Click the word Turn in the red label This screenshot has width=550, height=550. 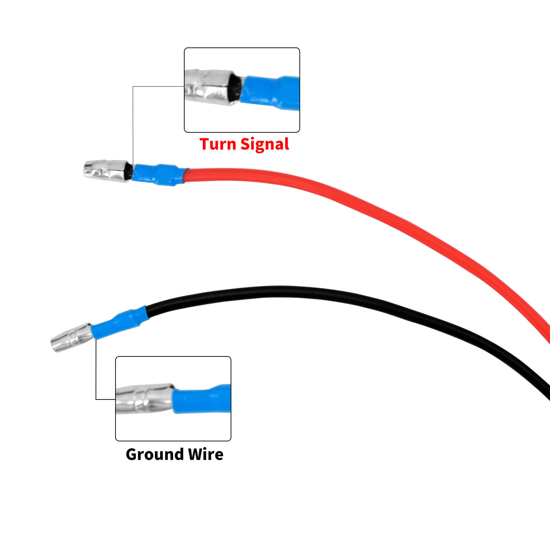pos(218,144)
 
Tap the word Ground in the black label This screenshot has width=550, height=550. pos(154,454)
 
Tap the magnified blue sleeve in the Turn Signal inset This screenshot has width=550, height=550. pos(270,93)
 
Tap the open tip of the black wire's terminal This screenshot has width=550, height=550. pos(53,346)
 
